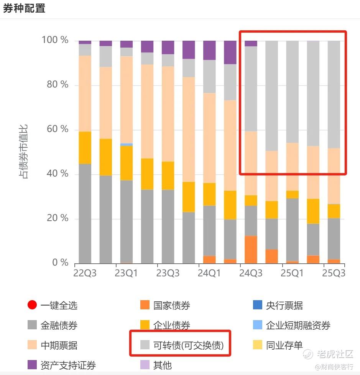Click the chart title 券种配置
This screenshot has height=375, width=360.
pyautogui.click(x=24, y=8)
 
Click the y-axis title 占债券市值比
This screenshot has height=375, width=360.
pyautogui.click(x=24, y=151)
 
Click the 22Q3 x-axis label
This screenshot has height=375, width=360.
pyautogui.click(x=85, y=273)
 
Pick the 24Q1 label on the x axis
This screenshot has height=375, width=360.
pyautogui.click(x=209, y=273)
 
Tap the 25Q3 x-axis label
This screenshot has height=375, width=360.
pyautogui.click(x=334, y=273)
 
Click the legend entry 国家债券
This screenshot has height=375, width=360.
pyautogui.click(x=171, y=306)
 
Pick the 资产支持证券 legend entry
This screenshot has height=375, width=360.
pyautogui.click(x=68, y=365)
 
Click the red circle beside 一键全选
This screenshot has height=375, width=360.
pyautogui.click(x=32, y=306)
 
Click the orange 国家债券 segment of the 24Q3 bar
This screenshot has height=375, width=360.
pyautogui.click(x=251, y=249)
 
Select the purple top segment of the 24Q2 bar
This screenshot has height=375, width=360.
pyautogui.click(x=230, y=52)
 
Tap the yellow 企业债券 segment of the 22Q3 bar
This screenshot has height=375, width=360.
pyautogui.click(x=85, y=148)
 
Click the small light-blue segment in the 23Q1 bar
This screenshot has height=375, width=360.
pyautogui.click(x=127, y=145)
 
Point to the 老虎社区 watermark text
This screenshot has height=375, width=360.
pyautogui.click(x=334, y=354)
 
